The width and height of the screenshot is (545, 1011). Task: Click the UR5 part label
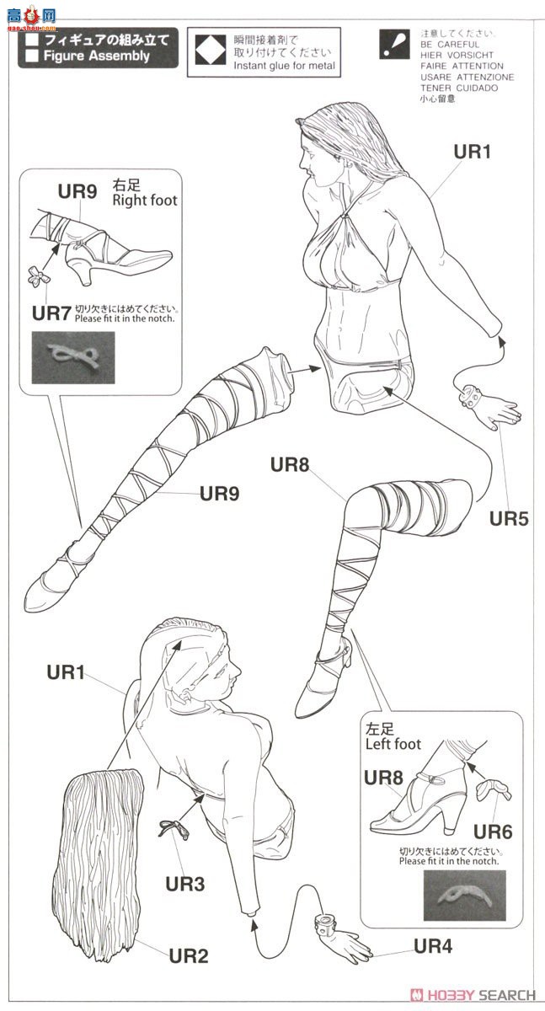509,518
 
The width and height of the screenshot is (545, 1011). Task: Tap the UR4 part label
432,946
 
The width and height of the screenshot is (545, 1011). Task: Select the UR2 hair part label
188,955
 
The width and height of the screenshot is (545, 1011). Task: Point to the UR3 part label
184,884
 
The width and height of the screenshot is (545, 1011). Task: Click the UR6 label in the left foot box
493,832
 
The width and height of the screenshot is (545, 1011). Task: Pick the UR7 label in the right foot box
51,313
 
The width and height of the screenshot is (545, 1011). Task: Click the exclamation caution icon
393,45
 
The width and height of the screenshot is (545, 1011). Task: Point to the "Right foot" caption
145,201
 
